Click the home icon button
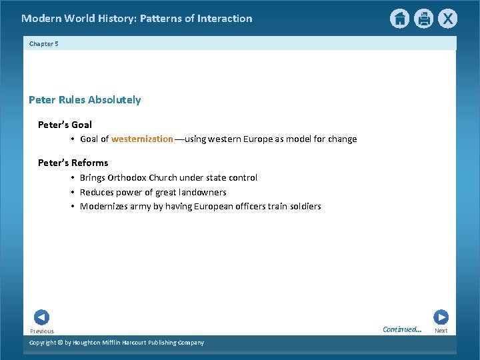(399, 19)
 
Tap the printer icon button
(423, 19)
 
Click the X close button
(447, 19)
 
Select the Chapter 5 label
(44, 43)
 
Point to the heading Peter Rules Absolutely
(85, 100)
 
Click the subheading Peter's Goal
(65, 125)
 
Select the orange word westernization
(142, 139)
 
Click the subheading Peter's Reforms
(73, 163)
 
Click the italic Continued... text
(402, 329)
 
